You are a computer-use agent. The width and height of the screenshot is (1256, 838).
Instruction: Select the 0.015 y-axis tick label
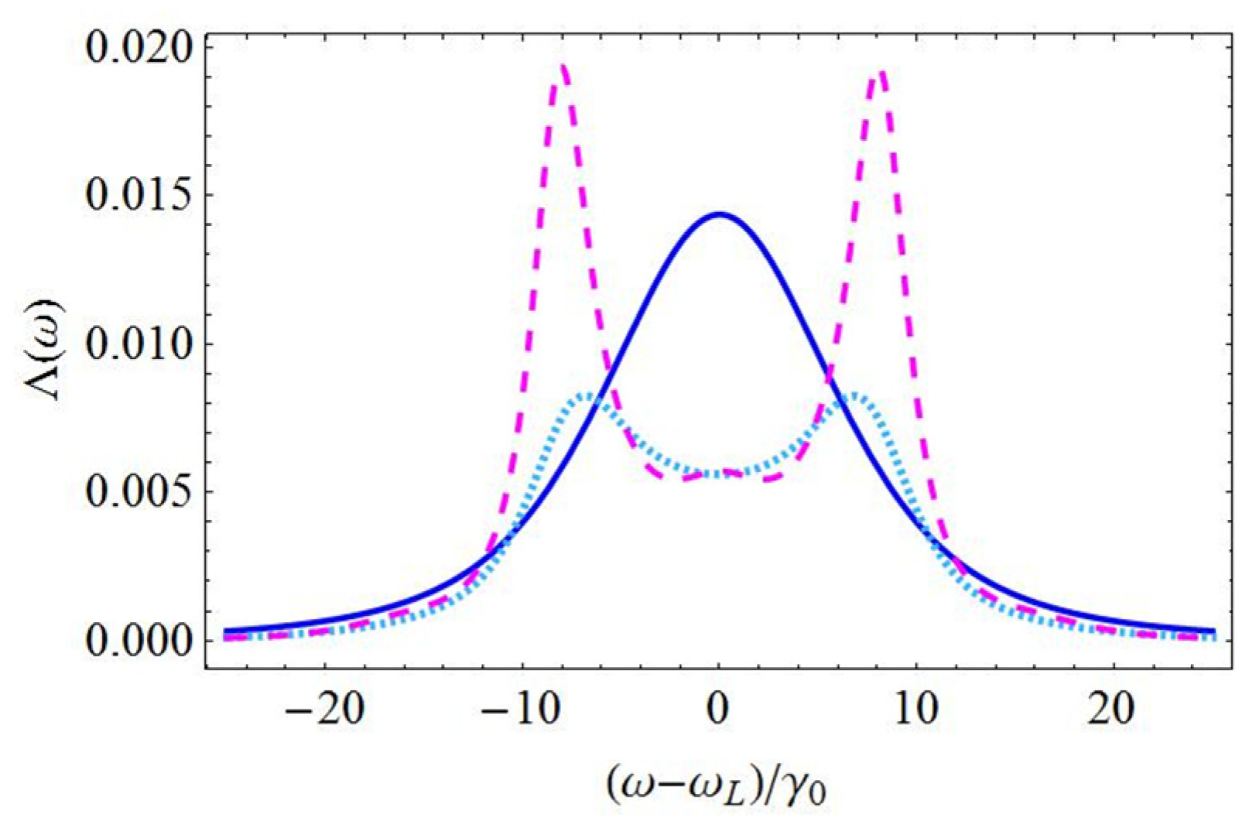[x=139, y=195]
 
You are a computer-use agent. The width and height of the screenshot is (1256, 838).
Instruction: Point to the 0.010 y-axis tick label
[x=139, y=344]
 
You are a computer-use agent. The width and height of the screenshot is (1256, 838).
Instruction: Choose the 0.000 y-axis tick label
[x=139, y=641]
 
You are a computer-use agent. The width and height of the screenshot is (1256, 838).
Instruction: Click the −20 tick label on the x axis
[x=324, y=709]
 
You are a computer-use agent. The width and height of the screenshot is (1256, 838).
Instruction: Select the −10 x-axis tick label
[x=520, y=709]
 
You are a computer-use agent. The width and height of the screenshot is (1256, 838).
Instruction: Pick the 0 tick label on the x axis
[x=719, y=709]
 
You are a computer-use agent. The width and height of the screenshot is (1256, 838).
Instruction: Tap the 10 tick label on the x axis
[x=916, y=709]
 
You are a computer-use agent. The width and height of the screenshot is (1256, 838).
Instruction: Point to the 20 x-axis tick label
[x=1113, y=709]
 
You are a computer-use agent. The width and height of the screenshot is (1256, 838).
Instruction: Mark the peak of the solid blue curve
[x=719, y=214]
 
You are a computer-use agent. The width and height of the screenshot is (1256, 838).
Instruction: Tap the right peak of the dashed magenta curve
[x=879, y=72]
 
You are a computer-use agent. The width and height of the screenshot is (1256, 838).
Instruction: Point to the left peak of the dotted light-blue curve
[x=588, y=396]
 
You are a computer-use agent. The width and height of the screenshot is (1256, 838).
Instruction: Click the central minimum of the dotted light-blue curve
[x=719, y=474]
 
